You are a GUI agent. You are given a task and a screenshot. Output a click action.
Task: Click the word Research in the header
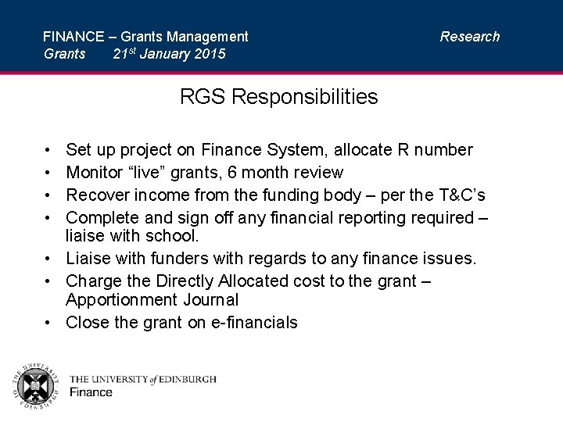coord(469,36)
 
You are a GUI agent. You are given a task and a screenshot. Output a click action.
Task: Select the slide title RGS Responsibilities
coord(278,97)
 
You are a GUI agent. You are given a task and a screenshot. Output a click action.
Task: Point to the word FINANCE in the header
coord(74,36)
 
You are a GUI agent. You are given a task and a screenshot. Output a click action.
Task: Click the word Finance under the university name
coord(91,392)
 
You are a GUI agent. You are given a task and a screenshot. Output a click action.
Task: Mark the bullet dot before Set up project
coord(48,150)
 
